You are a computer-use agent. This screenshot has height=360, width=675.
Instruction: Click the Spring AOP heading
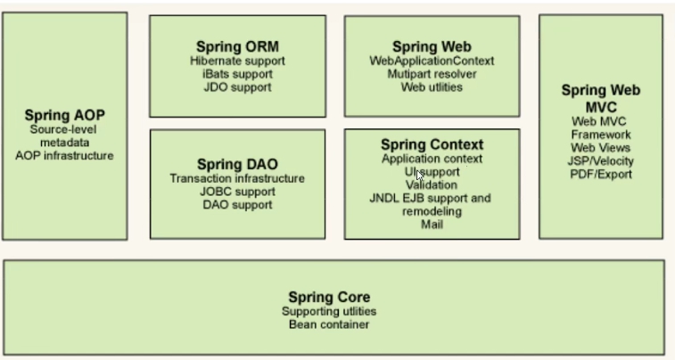coord(64,115)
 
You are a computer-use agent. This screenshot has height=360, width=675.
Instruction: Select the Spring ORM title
coord(237,46)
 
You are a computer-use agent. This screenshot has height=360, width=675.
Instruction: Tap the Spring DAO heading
coord(237,164)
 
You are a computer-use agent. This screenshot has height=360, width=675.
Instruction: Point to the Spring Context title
coord(432,144)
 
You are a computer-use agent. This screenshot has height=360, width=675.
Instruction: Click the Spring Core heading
coord(329,297)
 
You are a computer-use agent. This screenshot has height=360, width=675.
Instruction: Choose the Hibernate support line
coord(237,61)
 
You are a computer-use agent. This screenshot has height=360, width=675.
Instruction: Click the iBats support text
coord(237,74)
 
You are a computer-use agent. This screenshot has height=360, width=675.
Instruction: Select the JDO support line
coord(237,87)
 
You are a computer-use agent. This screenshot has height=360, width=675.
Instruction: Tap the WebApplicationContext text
coord(432,61)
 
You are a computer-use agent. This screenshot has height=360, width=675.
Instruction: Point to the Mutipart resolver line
coord(432,74)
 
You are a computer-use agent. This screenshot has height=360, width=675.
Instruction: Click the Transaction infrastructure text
coord(237,178)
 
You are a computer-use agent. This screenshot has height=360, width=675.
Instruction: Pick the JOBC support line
coord(237,192)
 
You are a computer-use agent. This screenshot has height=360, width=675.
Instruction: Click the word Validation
coord(432,185)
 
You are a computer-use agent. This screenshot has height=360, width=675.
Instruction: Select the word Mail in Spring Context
coord(432,225)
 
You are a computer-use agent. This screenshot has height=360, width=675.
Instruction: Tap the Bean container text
coord(329,324)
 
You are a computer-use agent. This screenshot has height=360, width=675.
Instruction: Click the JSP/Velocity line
coord(600,161)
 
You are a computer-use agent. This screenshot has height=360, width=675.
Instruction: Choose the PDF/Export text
coord(601,174)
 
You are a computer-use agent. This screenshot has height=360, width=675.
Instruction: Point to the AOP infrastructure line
coord(64,156)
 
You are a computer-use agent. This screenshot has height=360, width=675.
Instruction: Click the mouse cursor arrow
coord(420,175)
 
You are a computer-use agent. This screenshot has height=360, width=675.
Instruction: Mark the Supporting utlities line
coord(329,311)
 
